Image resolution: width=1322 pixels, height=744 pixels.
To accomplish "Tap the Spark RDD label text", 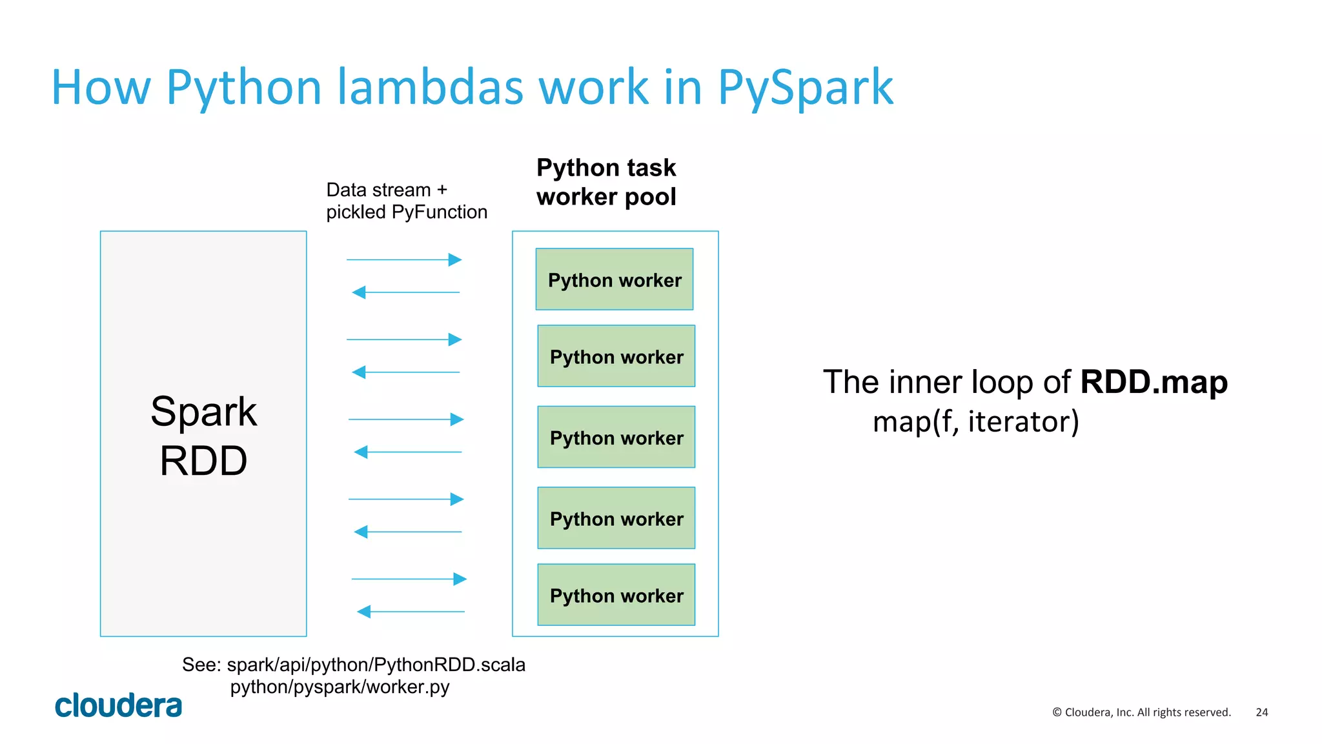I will [x=203, y=436].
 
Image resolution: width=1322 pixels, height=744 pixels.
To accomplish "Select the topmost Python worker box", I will [x=614, y=279].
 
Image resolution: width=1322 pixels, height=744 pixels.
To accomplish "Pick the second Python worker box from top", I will [x=616, y=356].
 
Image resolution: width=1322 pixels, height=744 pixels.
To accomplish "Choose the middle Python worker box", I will [x=616, y=437].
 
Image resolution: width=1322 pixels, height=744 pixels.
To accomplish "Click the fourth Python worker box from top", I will [x=616, y=518].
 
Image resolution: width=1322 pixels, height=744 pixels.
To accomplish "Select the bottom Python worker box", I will [x=616, y=595].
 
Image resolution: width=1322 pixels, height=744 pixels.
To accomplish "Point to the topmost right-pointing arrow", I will [x=404, y=260].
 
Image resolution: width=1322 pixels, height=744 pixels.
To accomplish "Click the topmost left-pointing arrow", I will [x=405, y=292].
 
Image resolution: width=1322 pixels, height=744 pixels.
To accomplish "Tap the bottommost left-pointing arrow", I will [x=411, y=611].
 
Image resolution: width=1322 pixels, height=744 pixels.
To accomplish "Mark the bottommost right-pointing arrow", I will [x=409, y=579].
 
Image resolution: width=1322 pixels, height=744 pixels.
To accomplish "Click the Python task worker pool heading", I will [x=606, y=182].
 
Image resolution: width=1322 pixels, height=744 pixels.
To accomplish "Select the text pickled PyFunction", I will [x=407, y=212].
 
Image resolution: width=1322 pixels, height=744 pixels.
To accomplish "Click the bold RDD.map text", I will [x=1154, y=381].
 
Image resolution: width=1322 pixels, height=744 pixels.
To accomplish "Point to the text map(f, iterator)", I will [x=975, y=421].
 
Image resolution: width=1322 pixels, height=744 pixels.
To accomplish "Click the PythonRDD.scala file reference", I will [x=376, y=665].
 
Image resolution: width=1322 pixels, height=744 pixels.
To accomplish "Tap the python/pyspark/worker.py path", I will [x=340, y=687].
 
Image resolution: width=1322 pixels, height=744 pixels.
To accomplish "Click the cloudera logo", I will [x=119, y=705].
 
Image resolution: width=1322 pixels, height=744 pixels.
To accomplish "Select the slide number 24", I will [x=1261, y=712].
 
